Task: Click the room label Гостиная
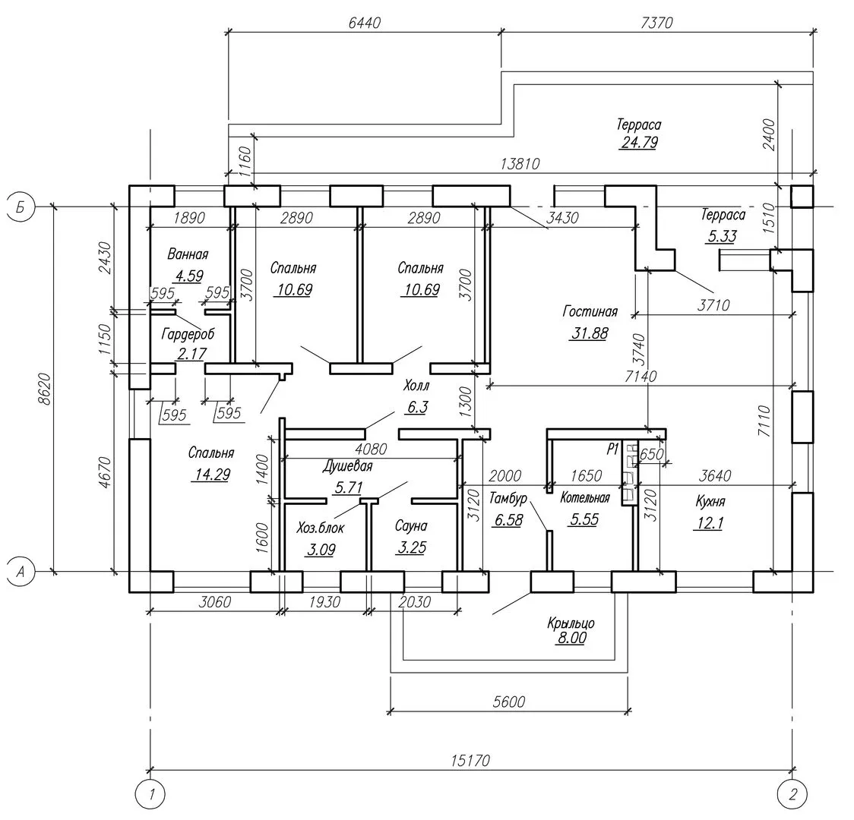click(590, 311)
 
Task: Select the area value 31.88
click(588, 333)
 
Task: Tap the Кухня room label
click(710, 501)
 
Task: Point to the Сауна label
click(411, 525)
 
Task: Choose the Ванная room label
click(188, 254)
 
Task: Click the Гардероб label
click(188, 333)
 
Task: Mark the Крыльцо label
click(571, 623)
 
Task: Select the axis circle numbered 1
click(152, 795)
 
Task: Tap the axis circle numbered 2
click(792, 795)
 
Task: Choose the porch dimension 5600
click(509, 702)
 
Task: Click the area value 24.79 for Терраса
click(638, 142)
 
